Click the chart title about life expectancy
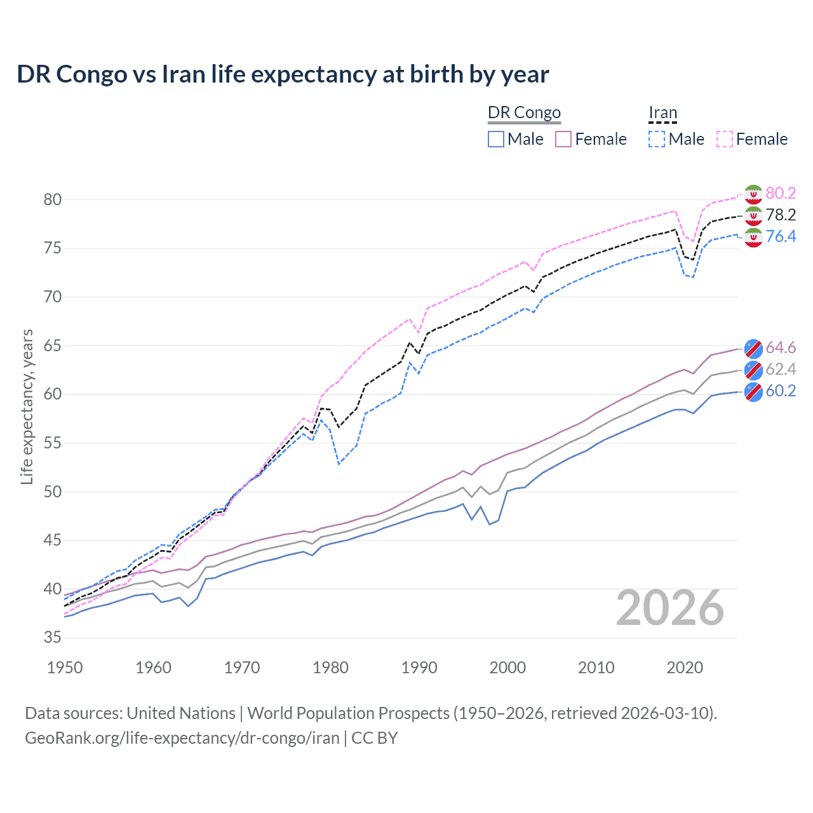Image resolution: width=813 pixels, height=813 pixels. coord(283,74)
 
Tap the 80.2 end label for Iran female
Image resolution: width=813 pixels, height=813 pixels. coord(781,193)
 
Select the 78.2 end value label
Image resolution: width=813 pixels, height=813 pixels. coord(781,215)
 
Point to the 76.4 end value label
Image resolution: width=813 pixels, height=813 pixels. coord(781,236)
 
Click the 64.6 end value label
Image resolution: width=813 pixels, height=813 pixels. coord(781,347)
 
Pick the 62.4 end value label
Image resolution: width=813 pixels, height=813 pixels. coord(781,369)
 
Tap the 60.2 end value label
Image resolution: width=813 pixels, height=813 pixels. coord(781,391)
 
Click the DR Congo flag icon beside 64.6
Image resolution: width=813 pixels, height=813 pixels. coord(753,348)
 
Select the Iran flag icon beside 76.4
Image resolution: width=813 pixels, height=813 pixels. coord(753,238)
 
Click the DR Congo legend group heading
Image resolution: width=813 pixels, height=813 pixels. coord(524,113)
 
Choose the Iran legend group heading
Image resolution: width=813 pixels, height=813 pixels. coord(662,113)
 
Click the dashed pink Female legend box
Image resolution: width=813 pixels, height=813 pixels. coord(725,139)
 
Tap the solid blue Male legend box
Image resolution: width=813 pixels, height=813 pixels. coord(496,139)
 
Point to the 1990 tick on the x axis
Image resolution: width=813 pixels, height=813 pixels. coord(419,668)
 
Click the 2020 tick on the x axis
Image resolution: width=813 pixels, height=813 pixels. coord(685,668)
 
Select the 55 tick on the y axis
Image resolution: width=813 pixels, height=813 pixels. coord(53,443)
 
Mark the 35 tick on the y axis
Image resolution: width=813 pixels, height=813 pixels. coord(53,638)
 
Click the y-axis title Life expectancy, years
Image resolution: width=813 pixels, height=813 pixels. coord(27,406)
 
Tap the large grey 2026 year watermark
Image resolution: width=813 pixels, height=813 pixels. coord(670,608)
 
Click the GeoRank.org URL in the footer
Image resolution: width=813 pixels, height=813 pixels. coord(182,738)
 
